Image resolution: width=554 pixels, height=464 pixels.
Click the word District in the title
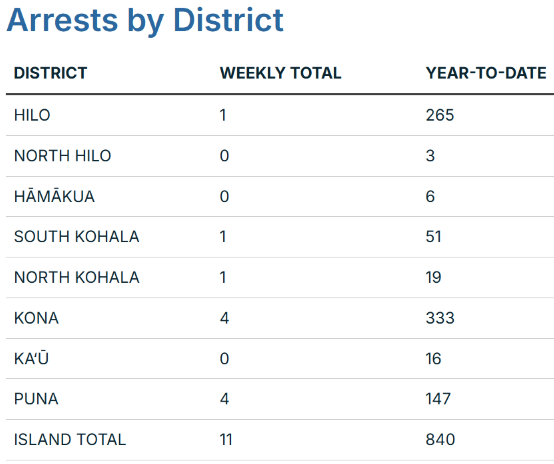(228, 21)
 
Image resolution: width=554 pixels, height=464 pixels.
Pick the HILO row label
(32, 115)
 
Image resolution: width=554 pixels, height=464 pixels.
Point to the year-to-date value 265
(440, 115)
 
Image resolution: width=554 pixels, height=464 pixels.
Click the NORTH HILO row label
(63, 156)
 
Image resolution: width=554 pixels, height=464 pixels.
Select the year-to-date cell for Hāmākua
(430, 196)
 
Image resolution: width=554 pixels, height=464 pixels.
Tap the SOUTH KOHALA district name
(76, 237)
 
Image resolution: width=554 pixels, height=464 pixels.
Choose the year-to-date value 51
(434, 237)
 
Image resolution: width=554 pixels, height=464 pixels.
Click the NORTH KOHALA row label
(76, 277)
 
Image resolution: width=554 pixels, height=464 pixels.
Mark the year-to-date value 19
(434, 277)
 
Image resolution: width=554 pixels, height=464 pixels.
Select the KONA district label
(36, 318)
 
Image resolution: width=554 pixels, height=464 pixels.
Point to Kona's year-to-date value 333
(440, 318)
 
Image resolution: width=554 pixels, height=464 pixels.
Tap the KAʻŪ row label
(31, 358)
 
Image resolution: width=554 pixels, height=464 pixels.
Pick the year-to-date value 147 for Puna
(438, 399)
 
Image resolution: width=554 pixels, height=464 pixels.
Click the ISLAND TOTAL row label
(70, 439)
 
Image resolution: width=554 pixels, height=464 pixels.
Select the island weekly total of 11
(226, 439)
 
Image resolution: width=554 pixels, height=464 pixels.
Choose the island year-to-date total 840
(440, 439)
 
